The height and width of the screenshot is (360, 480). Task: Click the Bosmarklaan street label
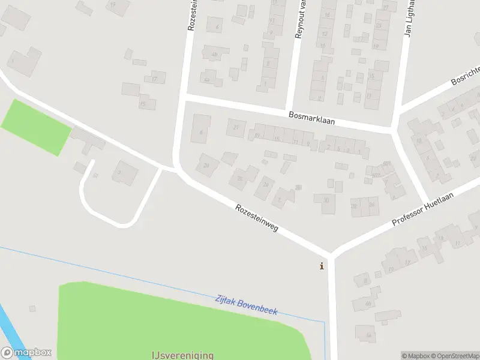[x=311, y=117]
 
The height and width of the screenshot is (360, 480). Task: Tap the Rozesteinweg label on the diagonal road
[x=257, y=218]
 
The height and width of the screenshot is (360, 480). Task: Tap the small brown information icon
[x=322, y=266]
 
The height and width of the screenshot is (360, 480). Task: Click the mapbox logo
[x=26, y=353]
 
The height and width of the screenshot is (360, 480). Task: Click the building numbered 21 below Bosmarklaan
[x=236, y=127]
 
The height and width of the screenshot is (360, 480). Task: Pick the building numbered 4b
[x=214, y=55]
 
